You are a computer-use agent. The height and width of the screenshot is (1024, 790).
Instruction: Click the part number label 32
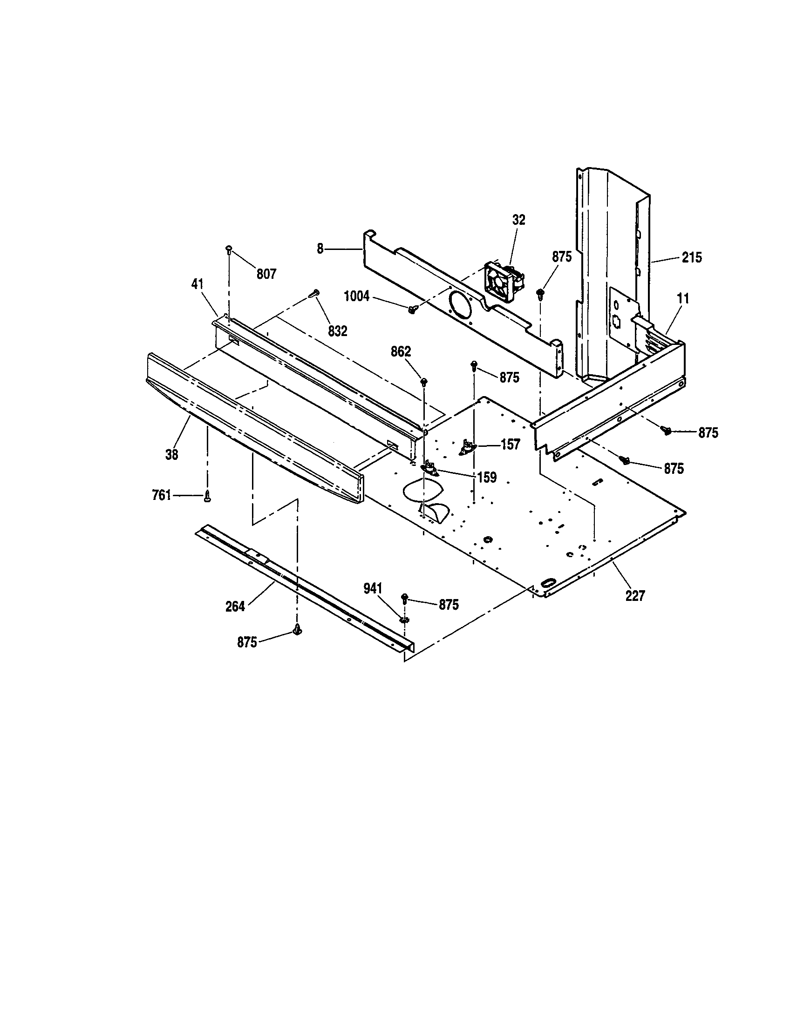(x=518, y=220)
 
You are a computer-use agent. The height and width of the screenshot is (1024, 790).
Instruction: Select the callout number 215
(x=692, y=257)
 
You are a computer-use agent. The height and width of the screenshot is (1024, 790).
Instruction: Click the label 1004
(x=357, y=296)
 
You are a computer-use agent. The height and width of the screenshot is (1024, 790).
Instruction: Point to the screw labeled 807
(x=229, y=249)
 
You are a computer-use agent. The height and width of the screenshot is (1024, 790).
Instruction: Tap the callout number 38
(x=172, y=454)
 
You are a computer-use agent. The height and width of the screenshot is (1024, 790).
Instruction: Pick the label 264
(x=235, y=606)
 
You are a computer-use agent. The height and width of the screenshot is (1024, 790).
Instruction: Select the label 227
(x=635, y=596)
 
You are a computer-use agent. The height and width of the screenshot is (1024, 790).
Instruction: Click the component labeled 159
(x=430, y=468)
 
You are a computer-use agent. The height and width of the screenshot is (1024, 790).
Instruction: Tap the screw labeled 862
(x=424, y=381)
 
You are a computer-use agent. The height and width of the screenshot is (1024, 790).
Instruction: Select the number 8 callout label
(x=320, y=249)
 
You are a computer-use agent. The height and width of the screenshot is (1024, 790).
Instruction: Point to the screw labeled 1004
(x=413, y=309)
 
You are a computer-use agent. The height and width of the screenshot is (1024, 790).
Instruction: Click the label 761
(x=161, y=495)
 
